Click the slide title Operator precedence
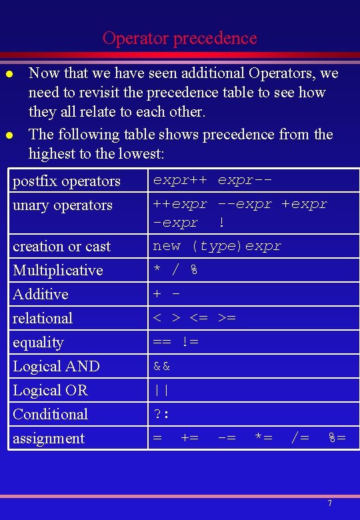[x=179, y=38]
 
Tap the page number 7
[x=329, y=502]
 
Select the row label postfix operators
[x=67, y=181]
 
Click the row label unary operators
[x=63, y=205]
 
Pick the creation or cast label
[x=62, y=246]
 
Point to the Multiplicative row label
[x=58, y=270]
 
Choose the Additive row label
[x=41, y=294]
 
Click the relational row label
[x=43, y=318]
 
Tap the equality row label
[x=39, y=342]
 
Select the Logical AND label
[x=57, y=366]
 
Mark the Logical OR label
[x=51, y=390]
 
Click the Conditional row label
[x=51, y=414]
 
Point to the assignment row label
[x=49, y=438]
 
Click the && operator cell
[x=162, y=366]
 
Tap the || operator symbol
[x=162, y=390]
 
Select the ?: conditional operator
[x=161, y=414]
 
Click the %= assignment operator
[x=337, y=437]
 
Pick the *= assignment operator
[x=263, y=437]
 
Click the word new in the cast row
[x=167, y=246]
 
